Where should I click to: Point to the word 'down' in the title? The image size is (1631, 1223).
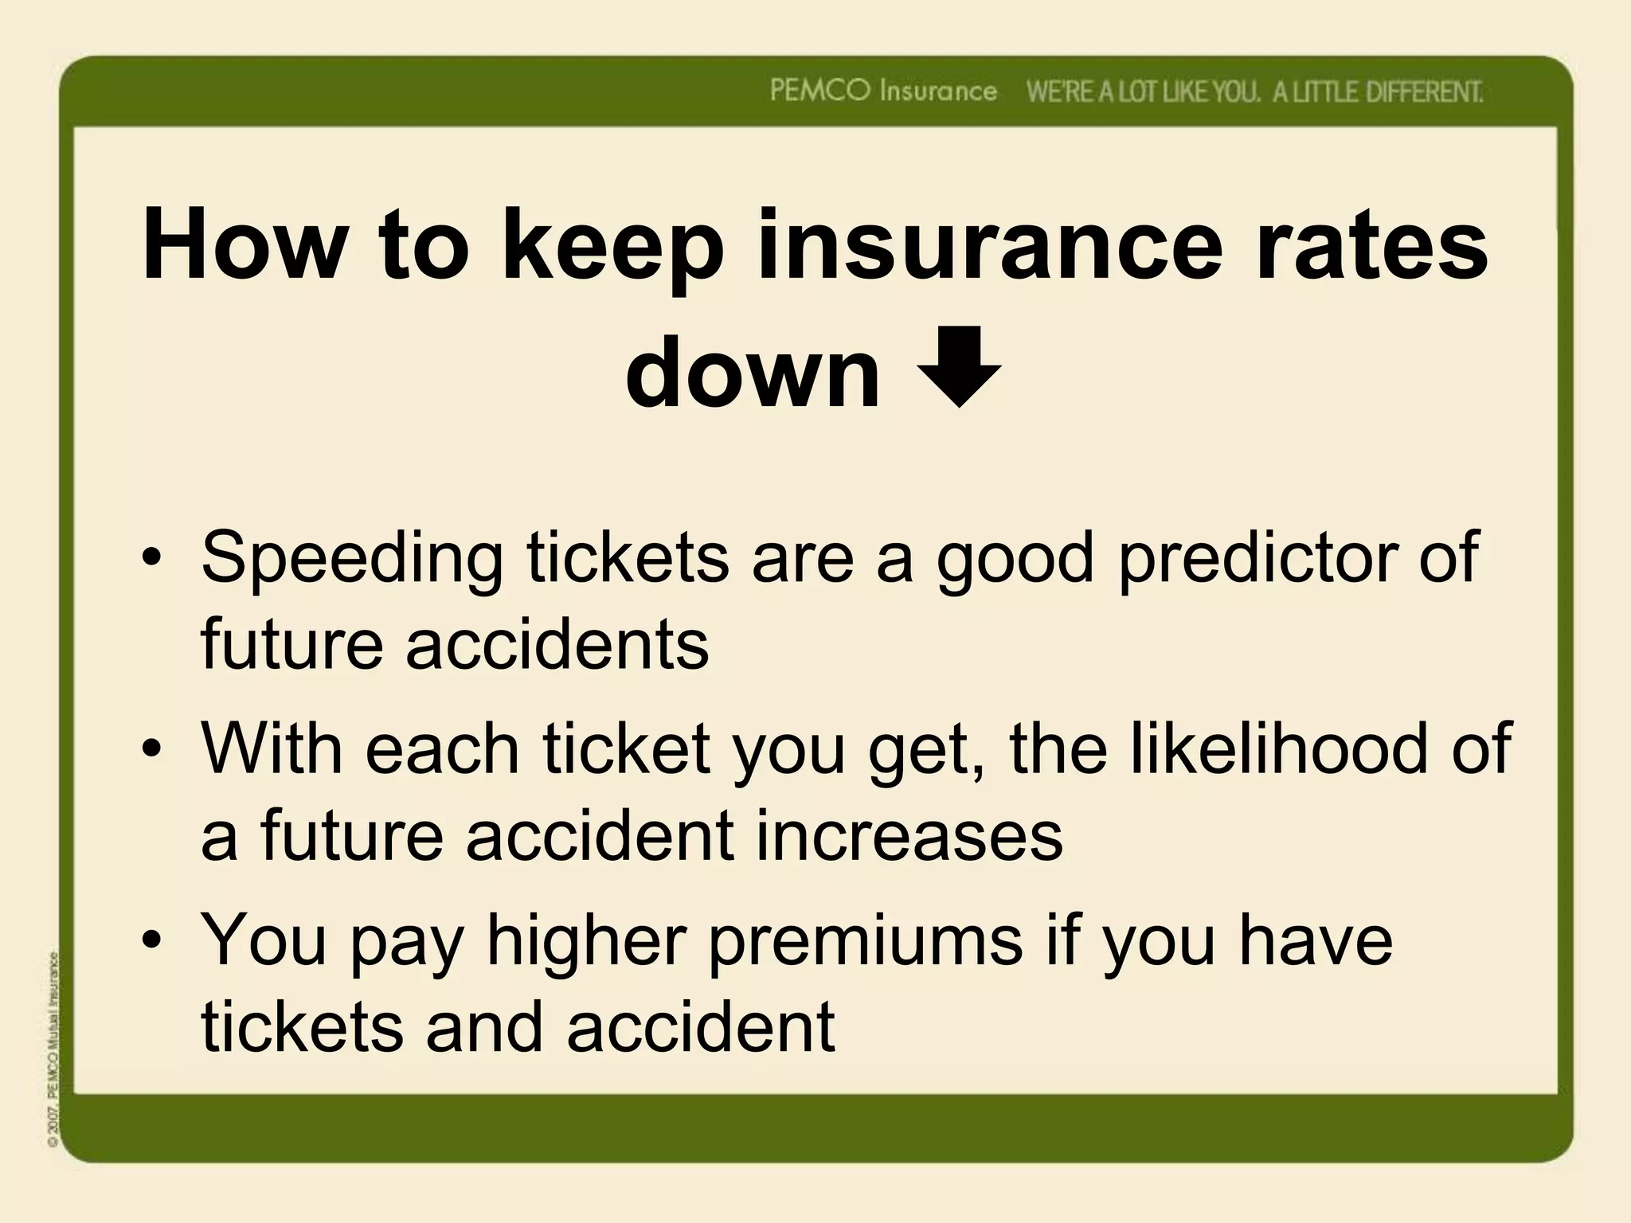[753, 372]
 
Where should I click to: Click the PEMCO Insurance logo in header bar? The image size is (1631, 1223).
[883, 92]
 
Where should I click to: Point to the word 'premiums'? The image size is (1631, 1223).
[865, 940]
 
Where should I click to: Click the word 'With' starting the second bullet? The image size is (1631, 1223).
[271, 748]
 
